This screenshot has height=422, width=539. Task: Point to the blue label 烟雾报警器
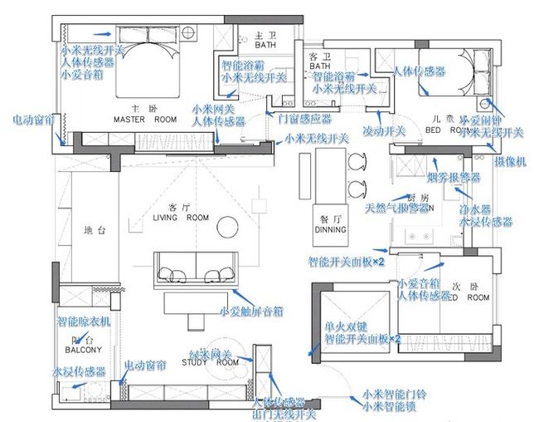coord(454,178)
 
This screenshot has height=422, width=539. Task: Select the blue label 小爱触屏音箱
coord(253,312)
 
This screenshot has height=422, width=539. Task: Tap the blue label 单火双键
coord(345,327)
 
